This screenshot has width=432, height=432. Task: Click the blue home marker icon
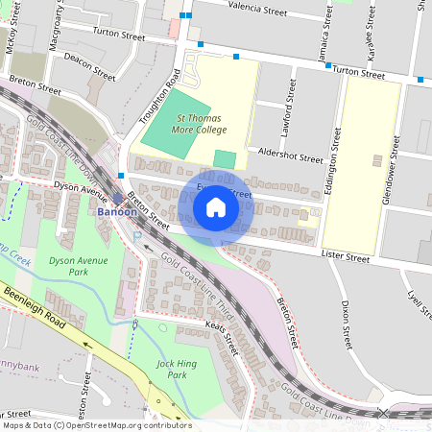[216, 207]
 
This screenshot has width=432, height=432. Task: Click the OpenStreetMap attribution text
[96, 425]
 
